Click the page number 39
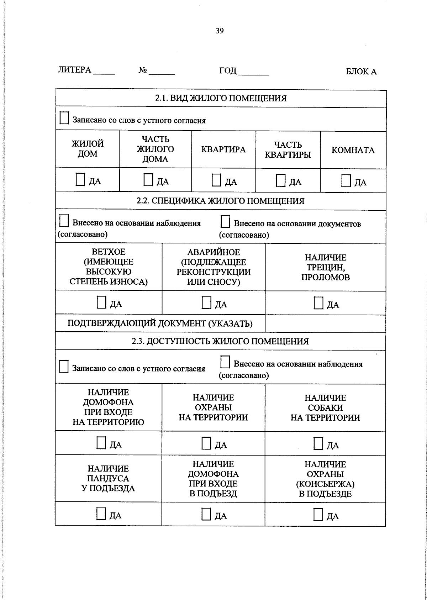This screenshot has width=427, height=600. (220, 31)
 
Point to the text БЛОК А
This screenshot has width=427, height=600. (361, 72)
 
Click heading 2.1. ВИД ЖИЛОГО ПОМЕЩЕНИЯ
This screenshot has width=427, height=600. (221, 98)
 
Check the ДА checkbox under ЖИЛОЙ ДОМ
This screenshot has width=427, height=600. (80, 180)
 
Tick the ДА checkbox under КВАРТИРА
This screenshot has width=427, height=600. (216, 180)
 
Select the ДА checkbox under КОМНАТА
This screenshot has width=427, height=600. (346, 180)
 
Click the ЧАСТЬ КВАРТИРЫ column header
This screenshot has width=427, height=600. (288, 150)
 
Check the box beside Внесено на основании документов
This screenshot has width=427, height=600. (225, 222)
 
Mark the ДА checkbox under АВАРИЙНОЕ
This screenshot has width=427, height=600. (206, 302)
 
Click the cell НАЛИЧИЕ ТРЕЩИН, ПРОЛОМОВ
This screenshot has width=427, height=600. (325, 267)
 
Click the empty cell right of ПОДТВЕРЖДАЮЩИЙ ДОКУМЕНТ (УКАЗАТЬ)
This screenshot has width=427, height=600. (325, 323)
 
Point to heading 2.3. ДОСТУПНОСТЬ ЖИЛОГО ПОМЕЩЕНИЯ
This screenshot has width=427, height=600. (220, 341)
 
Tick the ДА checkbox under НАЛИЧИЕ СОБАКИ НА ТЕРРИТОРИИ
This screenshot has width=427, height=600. (318, 443)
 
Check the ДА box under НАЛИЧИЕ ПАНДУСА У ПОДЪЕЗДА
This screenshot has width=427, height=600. (101, 514)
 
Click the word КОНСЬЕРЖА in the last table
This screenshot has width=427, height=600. (325, 484)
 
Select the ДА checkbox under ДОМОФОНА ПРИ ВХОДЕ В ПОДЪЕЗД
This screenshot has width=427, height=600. (206, 514)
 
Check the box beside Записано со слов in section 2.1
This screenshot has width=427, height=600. (64, 118)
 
